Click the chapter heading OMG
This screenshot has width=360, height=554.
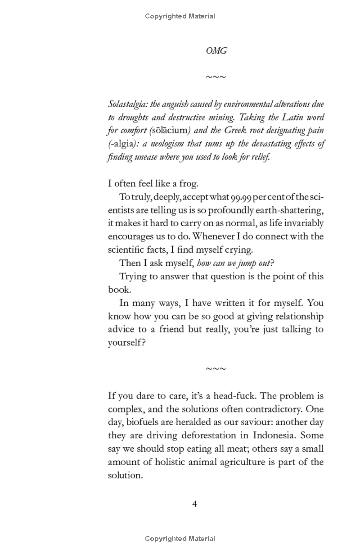216,51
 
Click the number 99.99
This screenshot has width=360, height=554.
241,197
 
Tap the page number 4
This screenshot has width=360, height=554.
195,504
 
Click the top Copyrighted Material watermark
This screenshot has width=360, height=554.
180,16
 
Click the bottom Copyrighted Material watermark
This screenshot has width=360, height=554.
180,539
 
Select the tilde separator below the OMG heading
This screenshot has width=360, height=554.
216,77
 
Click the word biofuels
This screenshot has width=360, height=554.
144,422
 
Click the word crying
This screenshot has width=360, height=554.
238,250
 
